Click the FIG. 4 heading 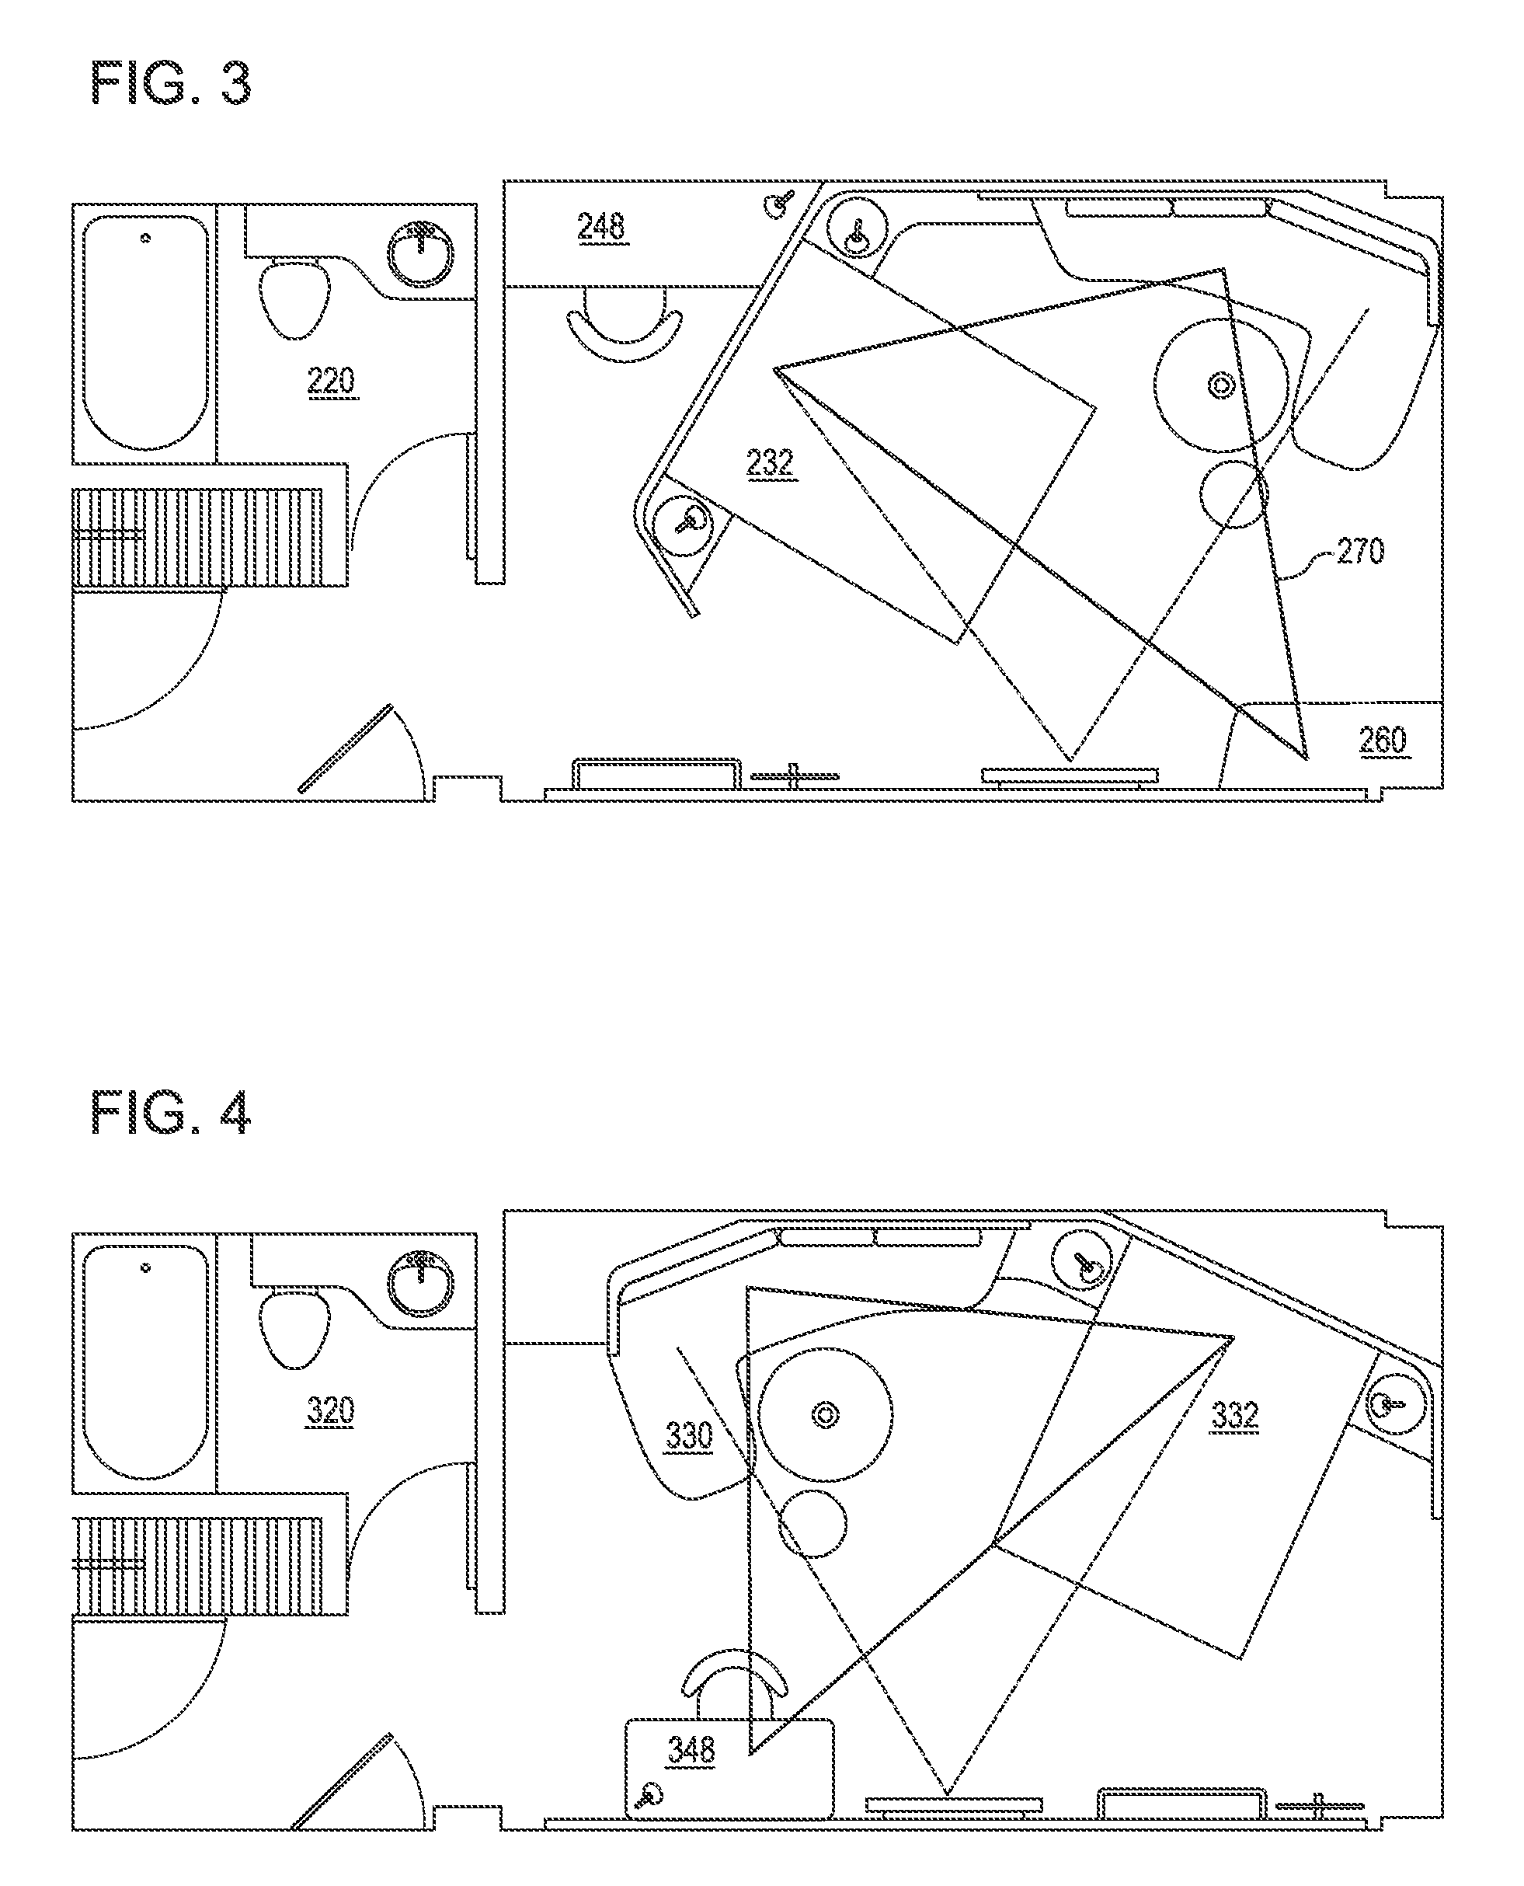point(171,1113)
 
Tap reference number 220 point(331,382)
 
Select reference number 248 point(601,227)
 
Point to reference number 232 point(770,462)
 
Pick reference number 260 point(1383,740)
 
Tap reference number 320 point(330,1411)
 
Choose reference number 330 point(689,1436)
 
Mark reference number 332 point(1235,1415)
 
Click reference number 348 point(692,1749)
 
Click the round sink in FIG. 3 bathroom point(421,253)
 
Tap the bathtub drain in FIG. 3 point(146,238)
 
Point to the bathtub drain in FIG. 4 point(146,1267)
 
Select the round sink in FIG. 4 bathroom point(421,1284)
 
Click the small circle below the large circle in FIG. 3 point(1233,494)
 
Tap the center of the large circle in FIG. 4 point(825,1414)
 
